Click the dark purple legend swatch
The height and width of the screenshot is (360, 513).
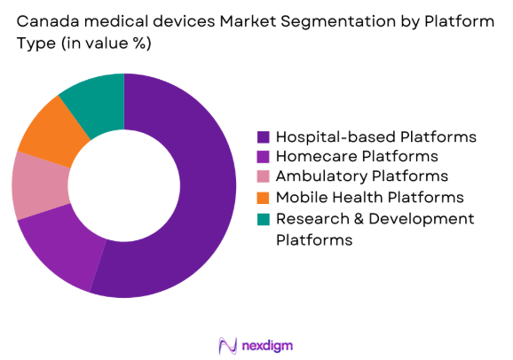pyautogui.click(x=264, y=137)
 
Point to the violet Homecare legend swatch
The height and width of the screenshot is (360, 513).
pyautogui.click(x=264, y=157)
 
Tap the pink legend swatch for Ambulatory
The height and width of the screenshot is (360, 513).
pyautogui.click(x=264, y=177)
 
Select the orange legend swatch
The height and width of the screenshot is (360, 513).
pyautogui.click(x=264, y=198)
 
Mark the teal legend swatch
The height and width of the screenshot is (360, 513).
pyautogui.click(x=264, y=219)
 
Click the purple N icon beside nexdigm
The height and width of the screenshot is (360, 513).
pyautogui.click(x=226, y=344)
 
